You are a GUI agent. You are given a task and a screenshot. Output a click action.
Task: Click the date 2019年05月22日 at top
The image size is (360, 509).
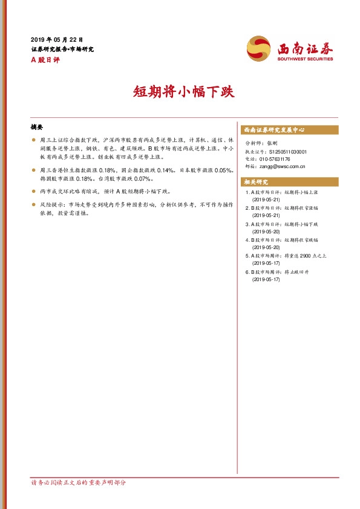[56, 39]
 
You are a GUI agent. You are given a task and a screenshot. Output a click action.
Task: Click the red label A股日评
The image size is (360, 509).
[46, 59]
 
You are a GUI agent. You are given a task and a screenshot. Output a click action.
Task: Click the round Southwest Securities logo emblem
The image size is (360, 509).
[258, 48]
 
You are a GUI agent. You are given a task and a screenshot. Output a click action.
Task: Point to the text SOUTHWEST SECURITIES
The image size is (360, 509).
[305, 59]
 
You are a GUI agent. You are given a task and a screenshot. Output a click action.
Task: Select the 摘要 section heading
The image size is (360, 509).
[37, 128]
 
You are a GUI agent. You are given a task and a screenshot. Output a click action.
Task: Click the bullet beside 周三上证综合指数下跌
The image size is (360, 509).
[33, 139]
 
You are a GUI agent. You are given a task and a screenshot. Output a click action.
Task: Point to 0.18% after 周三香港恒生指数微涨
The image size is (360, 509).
[107, 170]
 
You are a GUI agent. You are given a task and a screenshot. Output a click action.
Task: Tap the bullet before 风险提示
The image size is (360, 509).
[33, 206]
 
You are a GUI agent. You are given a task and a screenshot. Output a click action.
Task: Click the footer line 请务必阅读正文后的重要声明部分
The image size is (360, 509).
[78, 483]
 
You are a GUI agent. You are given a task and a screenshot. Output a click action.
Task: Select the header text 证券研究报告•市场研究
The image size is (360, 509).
[62, 49]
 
